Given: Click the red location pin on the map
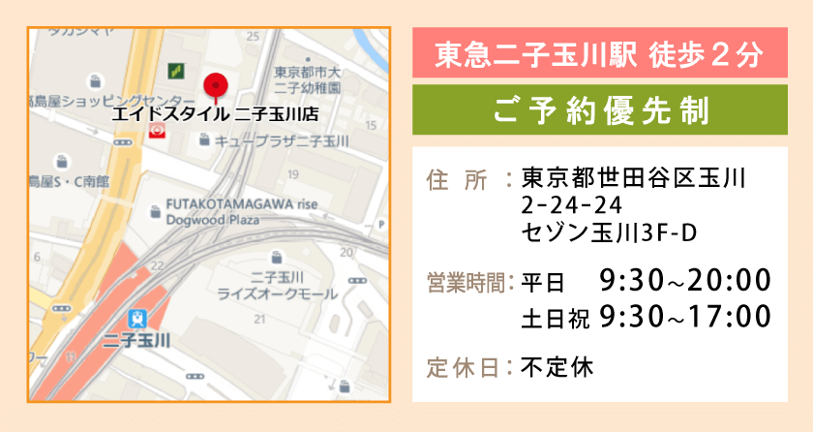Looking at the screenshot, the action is pos(215,85).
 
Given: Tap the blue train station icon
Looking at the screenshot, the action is pos(137,319).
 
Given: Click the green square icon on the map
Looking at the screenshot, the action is pos(176,69).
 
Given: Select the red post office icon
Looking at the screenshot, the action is pos(157,132).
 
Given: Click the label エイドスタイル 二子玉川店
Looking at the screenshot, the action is pos(215,113).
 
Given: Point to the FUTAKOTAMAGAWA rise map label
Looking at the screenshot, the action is pos(242,204).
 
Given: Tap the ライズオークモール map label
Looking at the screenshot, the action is pos(278,293).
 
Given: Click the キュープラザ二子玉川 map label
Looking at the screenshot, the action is pos(281,141).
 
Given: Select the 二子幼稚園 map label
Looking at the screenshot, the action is pos(308,87).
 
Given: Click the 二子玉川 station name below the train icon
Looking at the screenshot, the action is pos(136,340).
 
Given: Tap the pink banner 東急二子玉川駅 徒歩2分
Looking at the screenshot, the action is pos(599,53).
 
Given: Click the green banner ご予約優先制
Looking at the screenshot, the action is pos(599,109).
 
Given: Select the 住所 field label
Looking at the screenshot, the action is pos(456,179).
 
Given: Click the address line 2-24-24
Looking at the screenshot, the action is pos(570,205).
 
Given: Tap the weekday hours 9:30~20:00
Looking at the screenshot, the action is pos(684,281).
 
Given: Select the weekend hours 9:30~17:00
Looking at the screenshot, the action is pos(684,316).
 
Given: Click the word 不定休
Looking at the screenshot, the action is pos(557,367).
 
